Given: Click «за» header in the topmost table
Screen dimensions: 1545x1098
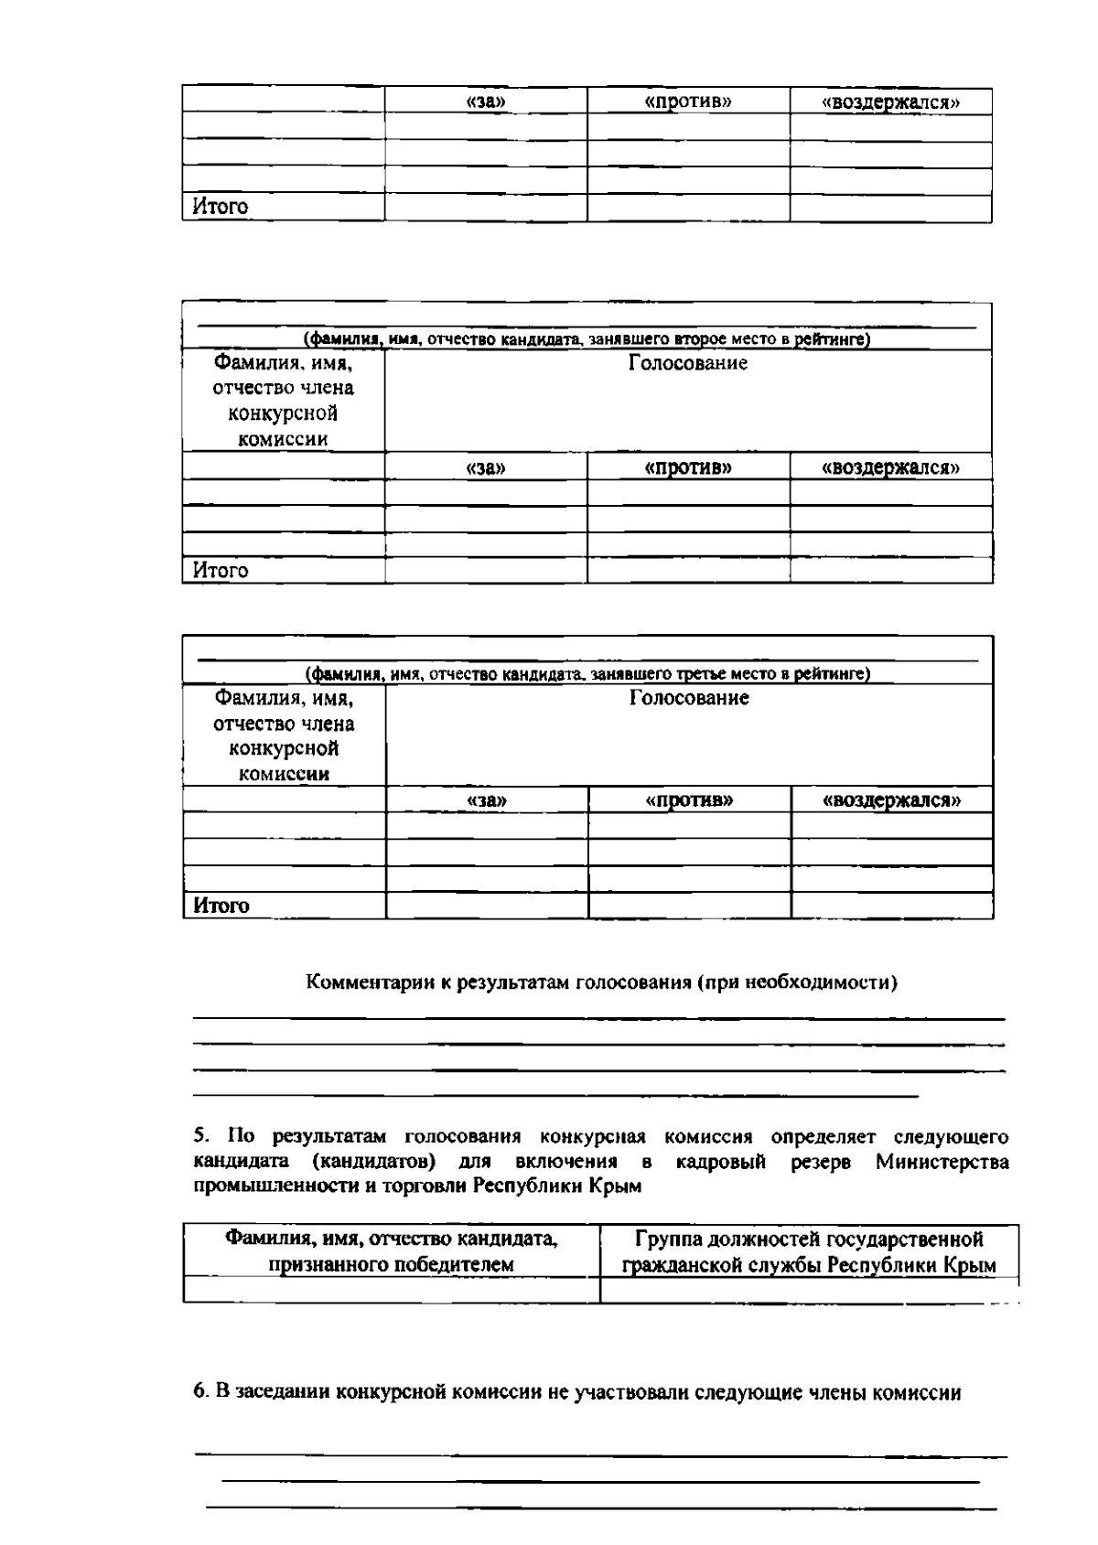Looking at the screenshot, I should pos(486,102).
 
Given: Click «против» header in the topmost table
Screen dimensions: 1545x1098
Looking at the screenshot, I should pos(688,102).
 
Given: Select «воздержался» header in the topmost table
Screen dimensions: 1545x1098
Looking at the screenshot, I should pos(891,102).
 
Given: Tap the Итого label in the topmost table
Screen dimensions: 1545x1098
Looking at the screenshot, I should pos(221,208).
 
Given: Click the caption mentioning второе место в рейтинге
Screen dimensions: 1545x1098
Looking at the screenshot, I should pos(587,340).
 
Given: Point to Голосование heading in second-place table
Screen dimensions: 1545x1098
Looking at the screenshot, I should pos(688,364).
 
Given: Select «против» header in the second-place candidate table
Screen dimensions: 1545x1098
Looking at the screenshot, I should pos(688,467).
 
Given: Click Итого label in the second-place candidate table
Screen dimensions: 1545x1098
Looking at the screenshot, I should pos(221,571).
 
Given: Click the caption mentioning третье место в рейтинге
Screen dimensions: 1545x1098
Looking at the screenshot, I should pos(587,675).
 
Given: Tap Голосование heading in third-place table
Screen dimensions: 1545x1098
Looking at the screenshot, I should pos(689,699).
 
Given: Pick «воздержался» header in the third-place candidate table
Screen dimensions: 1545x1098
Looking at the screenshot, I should pos(892,801).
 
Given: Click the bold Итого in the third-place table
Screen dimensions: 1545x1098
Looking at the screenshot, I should pos(221,906).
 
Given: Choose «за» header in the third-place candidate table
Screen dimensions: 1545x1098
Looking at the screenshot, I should pos(487,801).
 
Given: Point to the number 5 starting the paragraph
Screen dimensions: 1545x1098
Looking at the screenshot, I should pos(199,1137).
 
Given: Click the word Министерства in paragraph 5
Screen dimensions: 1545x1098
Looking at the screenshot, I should pos(942,1162).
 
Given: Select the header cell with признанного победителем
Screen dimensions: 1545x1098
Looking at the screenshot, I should pos(392,1252).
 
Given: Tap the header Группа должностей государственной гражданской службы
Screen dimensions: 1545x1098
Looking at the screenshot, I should pos(809,1252).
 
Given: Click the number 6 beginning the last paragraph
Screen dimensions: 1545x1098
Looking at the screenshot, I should pos(199,1393).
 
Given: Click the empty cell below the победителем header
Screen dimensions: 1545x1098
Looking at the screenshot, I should pos(392,1290).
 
